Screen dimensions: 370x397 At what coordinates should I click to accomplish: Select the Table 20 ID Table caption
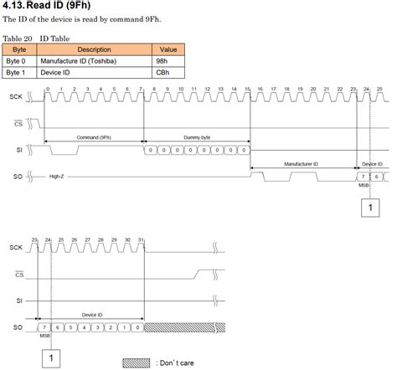coord(37,39)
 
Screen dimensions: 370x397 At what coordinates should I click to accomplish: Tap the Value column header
coord(168,49)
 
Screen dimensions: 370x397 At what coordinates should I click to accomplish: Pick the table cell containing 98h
coord(168,61)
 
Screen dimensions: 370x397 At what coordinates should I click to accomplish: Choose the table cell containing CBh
coord(168,73)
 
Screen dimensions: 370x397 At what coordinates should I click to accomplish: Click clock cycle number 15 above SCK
coord(247,88)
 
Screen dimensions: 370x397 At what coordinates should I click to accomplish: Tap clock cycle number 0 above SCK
coord(48,88)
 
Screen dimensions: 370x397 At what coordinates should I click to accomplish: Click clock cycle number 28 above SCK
coord(101,240)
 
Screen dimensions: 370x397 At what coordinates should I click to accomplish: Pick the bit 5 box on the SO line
coord(74,327)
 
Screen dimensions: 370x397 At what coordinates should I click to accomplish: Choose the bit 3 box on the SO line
coord(101,327)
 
